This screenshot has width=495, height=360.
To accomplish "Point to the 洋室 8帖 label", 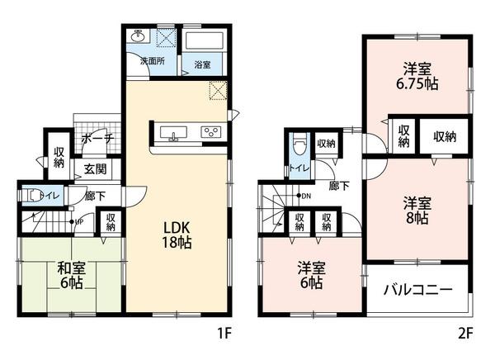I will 416,210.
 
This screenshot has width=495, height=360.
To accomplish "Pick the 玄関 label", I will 94,169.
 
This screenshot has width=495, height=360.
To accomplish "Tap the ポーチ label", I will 97,140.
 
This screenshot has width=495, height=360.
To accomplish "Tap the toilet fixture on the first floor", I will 33,197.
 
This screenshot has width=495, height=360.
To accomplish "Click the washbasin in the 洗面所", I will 139,37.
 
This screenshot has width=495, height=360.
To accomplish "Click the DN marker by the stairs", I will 304,196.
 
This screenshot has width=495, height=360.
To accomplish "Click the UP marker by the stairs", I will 79,221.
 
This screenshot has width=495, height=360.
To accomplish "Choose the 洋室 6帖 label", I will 311,275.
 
